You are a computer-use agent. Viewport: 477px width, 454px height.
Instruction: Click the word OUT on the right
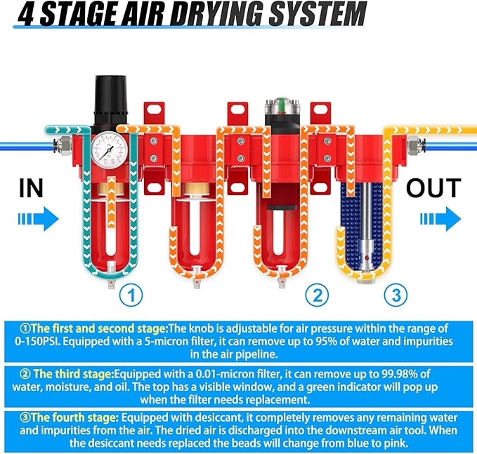[x=433, y=188]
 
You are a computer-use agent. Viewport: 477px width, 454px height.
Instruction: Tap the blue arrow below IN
[x=34, y=218]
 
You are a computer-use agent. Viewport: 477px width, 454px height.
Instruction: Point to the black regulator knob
[x=110, y=105]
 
